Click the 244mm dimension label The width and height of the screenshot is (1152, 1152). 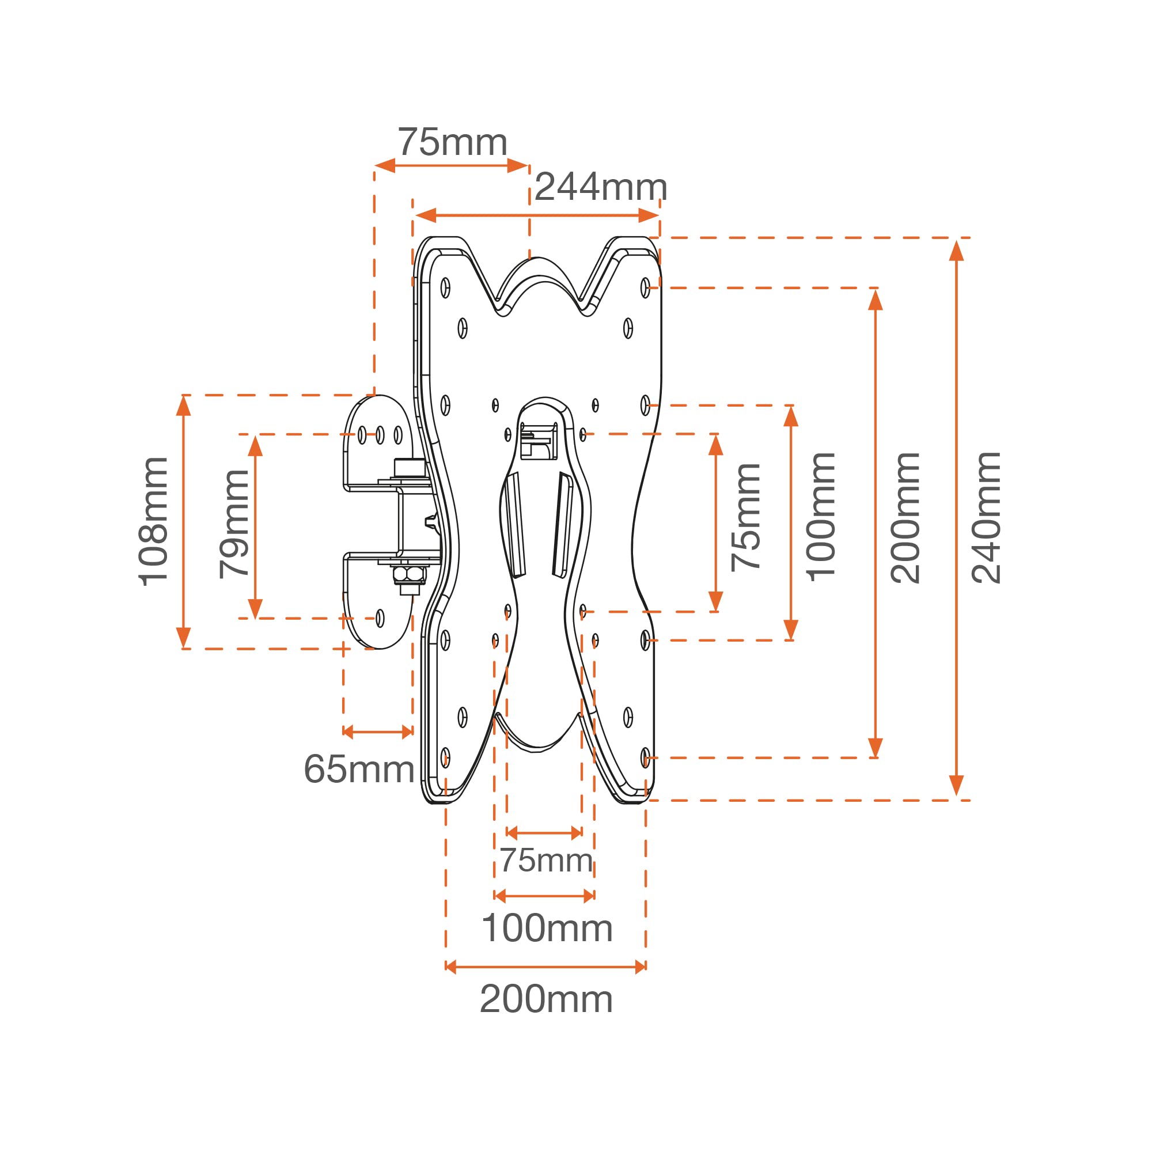[600, 187]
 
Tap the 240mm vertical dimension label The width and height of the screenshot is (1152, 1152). [986, 518]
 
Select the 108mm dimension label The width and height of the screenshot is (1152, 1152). [153, 521]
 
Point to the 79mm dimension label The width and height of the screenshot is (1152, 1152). [234, 524]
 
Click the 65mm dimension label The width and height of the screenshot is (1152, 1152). [359, 768]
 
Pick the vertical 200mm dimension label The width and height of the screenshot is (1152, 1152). [905, 518]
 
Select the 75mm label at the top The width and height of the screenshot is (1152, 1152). [453, 142]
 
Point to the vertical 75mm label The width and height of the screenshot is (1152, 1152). [746, 518]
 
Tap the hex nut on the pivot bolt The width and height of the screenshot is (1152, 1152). [409, 574]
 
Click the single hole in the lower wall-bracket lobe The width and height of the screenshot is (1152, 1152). [380, 618]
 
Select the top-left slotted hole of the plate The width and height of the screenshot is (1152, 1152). [445, 288]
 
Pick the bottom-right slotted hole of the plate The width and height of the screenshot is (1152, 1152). [645, 758]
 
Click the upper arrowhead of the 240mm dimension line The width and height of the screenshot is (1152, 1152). [956, 251]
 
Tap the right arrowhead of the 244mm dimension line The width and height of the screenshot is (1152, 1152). [648, 215]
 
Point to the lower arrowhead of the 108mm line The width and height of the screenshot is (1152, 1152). [184, 638]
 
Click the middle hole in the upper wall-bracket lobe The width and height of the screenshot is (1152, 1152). [380, 435]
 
